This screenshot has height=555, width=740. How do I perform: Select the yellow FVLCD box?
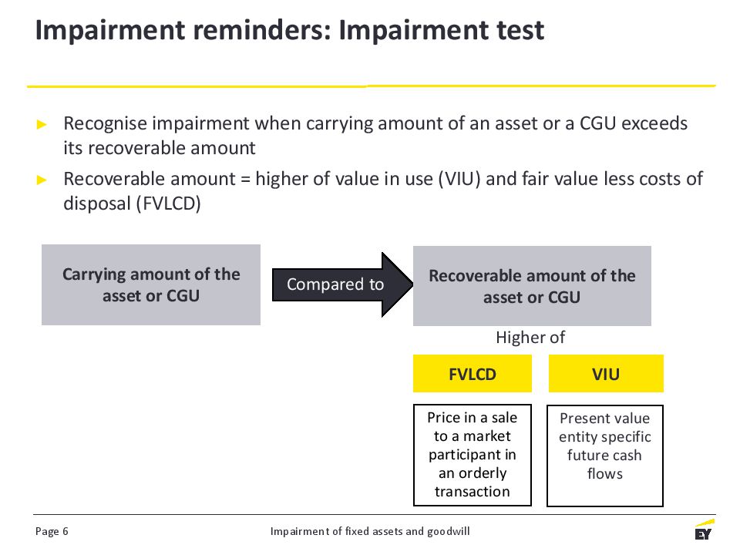coord(473,374)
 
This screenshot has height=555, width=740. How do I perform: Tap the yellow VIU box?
coord(606,374)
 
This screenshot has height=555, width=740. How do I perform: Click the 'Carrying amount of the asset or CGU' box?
coord(151,284)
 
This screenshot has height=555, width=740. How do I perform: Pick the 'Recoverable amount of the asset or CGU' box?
coord(532,286)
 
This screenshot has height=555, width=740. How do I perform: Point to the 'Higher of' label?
coord(530,338)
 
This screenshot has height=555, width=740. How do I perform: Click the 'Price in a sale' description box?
coord(473,455)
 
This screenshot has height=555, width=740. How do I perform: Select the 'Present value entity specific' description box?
coord(605,456)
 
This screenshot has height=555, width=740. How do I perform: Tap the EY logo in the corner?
coord(704,530)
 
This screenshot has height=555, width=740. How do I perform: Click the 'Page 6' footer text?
coord(52,531)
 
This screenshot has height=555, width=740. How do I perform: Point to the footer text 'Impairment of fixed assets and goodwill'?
coord(370,531)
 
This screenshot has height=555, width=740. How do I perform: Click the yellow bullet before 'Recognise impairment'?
coord(42,125)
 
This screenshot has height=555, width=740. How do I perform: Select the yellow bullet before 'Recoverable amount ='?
coord(42,180)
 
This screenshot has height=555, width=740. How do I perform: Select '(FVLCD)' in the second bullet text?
coord(169,203)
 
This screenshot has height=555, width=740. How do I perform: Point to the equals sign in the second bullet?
coord(245,180)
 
